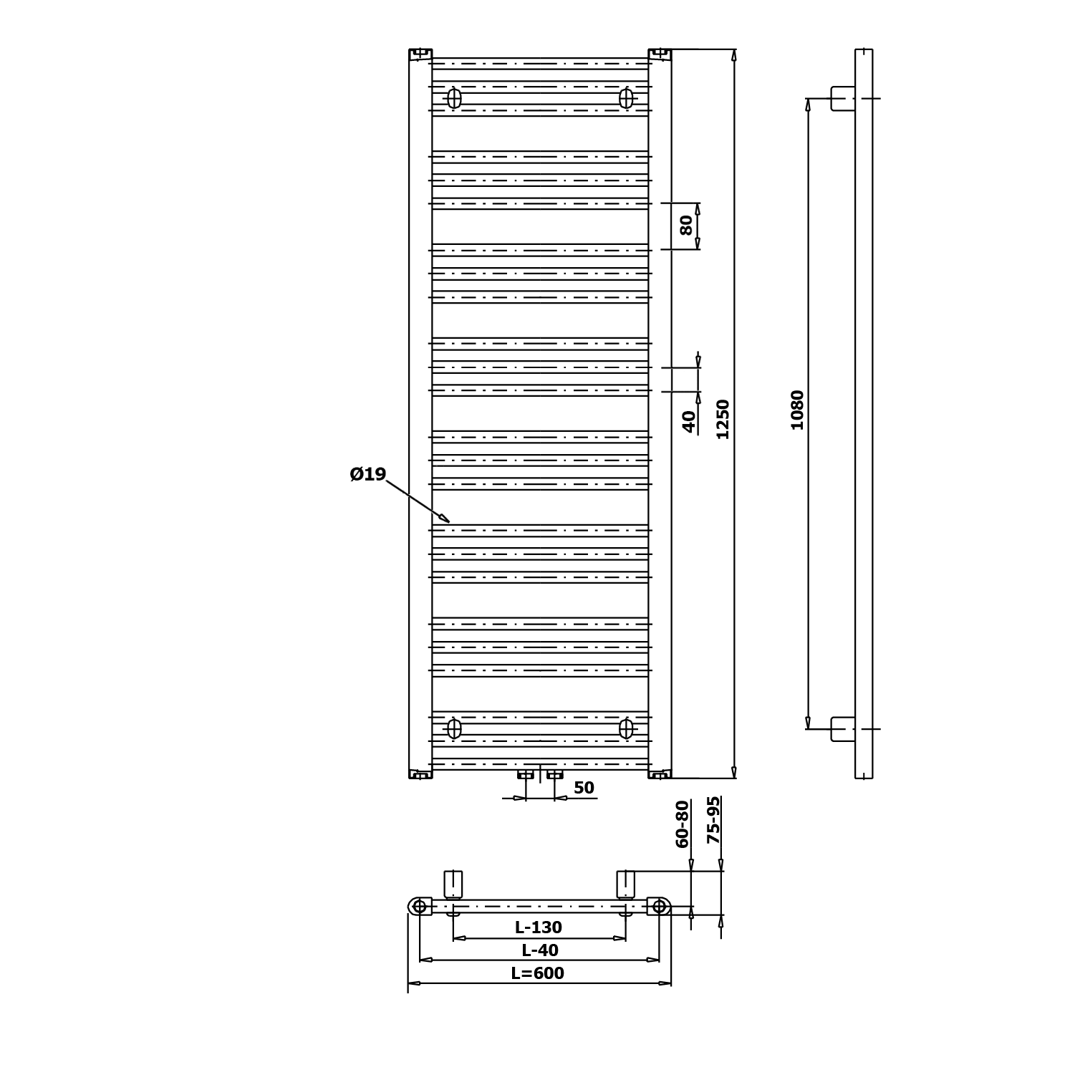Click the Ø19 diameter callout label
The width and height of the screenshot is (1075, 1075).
[x=368, y=474]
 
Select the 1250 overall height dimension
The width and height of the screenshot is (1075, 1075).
[x=723, y=419]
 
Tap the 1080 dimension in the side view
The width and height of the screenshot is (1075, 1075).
[x=797, y=410]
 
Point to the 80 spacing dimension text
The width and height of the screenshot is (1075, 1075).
[x=686, y=225]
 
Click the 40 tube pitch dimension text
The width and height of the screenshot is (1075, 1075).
[x=689, y=422]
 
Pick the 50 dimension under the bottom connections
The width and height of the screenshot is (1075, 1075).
[x=584, y=788]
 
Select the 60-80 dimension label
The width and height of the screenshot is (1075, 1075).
[x=683, y=824]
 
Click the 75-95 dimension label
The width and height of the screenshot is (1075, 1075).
[x=713, y=820]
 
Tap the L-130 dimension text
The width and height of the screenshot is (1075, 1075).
[x=539, y=927]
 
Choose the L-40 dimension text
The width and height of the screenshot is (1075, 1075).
[x=540, y=950]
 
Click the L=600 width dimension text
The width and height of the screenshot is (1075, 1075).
[x=538, y=973]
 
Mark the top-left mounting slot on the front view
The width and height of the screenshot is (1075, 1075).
[x=454, y=98]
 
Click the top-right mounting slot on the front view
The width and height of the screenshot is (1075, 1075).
[x=627, y=98]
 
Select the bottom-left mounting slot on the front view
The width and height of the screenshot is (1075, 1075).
[x=454, y=728]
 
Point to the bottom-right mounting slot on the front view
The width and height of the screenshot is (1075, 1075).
[x=627, y=728]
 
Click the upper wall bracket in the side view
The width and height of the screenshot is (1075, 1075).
[x=843, y=98]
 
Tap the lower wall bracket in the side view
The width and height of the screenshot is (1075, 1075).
[x=843, y=728]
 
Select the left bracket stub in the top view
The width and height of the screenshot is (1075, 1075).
[x=453, y=884]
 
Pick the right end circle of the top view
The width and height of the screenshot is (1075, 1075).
[x=660, y=907]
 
